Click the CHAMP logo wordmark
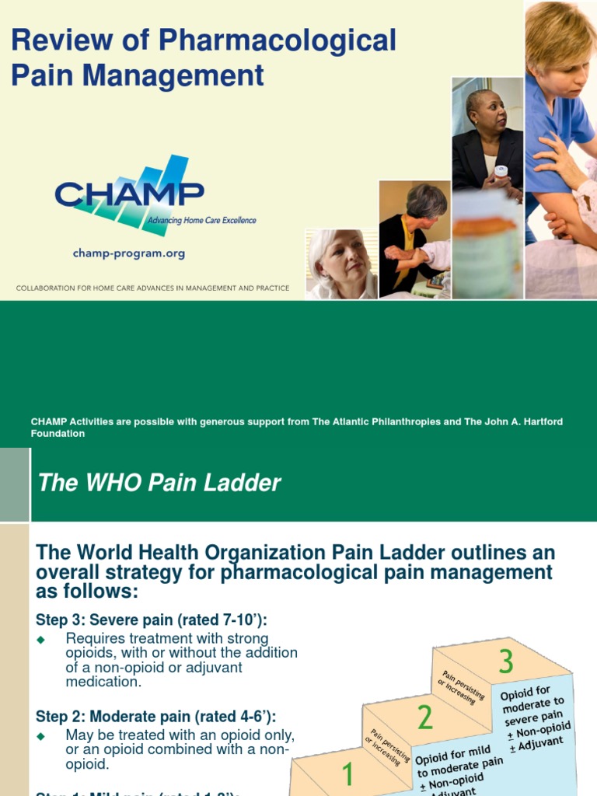click(129, 194)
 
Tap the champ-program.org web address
click(128, 253)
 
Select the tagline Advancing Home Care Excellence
click(201, 221)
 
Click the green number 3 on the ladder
click(506, 662)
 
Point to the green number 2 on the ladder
click(424, 717)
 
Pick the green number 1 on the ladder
click(347, 774)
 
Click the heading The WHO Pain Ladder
click(159, 484)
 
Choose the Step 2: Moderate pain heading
click(155, 716)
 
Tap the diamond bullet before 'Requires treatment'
click(42, 639)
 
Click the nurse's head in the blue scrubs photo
click(559, 47)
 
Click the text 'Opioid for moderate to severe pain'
click(533, 703)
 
